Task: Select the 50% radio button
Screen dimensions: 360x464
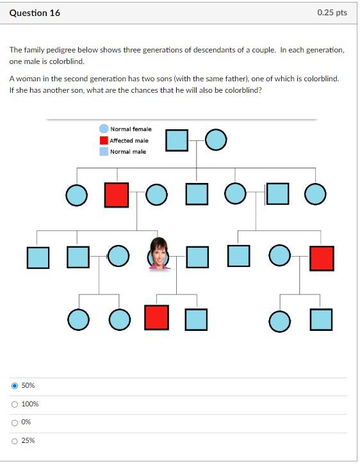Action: pos(14,385)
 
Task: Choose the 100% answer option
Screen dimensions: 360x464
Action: pos(14,404)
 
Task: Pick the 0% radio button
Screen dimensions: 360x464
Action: pos(14,422)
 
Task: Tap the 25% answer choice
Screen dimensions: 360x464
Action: pos(14,440)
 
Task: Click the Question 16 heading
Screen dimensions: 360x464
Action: pos(35,13)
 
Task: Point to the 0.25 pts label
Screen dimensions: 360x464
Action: pos(332,13)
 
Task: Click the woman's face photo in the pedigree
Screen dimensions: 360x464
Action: pos(158,254)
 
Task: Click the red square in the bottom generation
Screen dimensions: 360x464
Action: pos(156,317)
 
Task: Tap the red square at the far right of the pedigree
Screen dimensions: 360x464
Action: pos(322,257)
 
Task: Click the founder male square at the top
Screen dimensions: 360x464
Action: pos(177,140)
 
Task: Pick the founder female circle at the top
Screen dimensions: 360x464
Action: pos(216,140)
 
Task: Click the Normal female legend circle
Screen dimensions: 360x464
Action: pos(104,129)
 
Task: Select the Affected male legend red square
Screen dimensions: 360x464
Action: pos(104,141)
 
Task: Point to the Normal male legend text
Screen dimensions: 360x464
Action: pos(128,152)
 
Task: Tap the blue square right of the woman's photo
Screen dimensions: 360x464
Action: pos(197,257)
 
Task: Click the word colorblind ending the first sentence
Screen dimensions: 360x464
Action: pos(69,61)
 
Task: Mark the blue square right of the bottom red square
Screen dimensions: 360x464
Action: pos(197,319)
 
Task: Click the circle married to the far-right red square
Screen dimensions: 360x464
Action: pos(280,257)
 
